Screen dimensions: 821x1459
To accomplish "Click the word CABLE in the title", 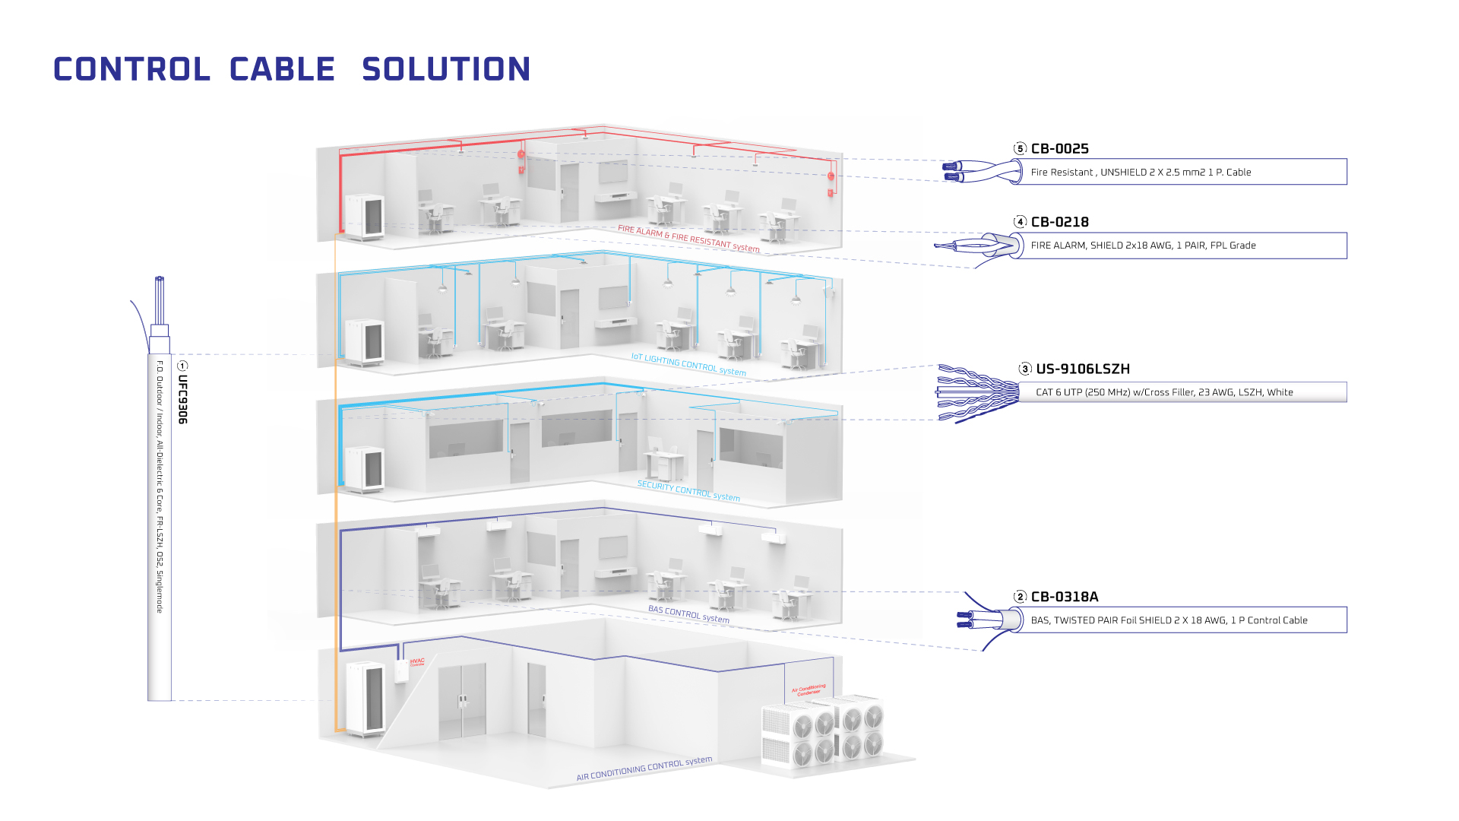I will [282, 70].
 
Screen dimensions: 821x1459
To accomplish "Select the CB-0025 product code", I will [1059, 149].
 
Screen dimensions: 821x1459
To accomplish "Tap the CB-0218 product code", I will [1059, 222].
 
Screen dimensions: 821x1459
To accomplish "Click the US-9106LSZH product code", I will [1082, 369].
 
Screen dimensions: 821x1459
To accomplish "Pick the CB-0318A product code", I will [1064, 597].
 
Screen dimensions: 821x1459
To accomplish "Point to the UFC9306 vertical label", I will [182, 399].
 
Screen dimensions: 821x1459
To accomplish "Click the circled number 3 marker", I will [1025, 369].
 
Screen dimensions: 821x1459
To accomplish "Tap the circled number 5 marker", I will [1020, 149].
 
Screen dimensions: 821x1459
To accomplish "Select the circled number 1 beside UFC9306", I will [182, 366].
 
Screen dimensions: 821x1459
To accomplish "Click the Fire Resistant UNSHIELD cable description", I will [1141, 173].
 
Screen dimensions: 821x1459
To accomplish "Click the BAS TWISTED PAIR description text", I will [1169, 620].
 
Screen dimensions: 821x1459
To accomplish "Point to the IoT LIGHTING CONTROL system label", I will [688, 365].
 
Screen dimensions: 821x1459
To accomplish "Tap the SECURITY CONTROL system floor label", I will [688, 491].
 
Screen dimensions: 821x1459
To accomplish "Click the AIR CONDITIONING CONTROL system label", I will [644, 769].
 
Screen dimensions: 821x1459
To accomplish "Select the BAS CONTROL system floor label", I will [688, 614].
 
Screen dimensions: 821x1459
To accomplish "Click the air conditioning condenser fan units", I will [824, 730].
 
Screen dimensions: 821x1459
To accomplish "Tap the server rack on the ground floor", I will [365, 698].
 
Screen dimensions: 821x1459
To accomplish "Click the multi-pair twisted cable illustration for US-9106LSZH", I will [977, 393].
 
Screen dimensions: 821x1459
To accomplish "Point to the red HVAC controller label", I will [417, 662].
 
